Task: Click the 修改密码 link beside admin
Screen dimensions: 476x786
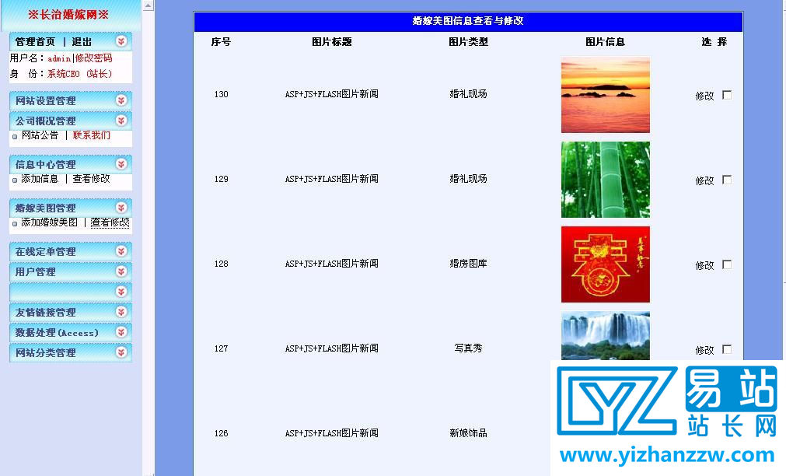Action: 93,58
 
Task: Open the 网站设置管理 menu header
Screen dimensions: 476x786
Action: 46,101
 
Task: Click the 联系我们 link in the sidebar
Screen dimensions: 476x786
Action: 92,135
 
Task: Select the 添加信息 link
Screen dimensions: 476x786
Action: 40,179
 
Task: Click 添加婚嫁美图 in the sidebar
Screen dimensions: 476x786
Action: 49,222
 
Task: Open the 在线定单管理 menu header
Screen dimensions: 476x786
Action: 46,252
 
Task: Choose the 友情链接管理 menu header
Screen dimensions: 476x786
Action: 46,313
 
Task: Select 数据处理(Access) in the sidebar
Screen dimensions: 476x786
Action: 57,333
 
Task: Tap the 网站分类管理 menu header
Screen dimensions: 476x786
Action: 46,353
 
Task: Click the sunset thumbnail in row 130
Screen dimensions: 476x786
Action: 606,95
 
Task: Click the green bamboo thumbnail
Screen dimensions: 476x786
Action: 606,180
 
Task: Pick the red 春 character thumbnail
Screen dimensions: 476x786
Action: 606,264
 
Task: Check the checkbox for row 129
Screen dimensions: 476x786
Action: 727,180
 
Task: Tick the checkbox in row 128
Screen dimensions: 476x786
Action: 727,264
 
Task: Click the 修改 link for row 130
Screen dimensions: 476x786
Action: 704,96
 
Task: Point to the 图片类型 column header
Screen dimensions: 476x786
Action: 468,42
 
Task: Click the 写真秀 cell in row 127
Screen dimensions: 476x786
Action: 468,348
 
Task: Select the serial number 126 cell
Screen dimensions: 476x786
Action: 222,433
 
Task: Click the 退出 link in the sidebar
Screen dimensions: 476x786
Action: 82,42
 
